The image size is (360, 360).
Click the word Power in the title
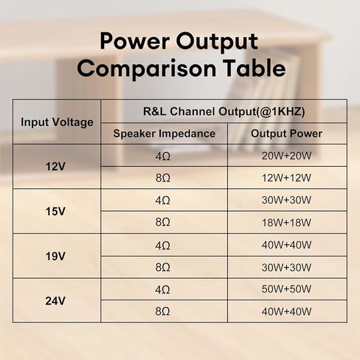(135, 41)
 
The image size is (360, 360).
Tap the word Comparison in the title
(147, 69)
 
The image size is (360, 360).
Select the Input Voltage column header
(57, 122)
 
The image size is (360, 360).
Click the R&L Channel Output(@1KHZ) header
(224, 111)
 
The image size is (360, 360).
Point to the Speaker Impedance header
(165, 134)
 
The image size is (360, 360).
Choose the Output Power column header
(286, 134)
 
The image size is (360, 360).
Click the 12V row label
(55, 167)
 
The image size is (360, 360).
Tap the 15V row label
(55, 211)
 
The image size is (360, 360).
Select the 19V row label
(55, 256)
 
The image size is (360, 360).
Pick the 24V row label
(55, 301)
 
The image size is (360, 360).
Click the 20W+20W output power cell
(286, 156)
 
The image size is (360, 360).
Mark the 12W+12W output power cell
(286, 178)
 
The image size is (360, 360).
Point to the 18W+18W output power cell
(286, 223)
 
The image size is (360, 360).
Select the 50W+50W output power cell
(286, 289)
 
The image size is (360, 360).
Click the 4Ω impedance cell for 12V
(163, 156)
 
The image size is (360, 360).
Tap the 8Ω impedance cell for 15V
(163, 222)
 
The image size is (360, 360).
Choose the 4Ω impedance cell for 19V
(163, 246)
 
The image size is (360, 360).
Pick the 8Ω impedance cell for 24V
(163, 311)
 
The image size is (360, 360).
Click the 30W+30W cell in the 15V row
(286, 200)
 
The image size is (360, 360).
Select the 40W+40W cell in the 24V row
(286, 311)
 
